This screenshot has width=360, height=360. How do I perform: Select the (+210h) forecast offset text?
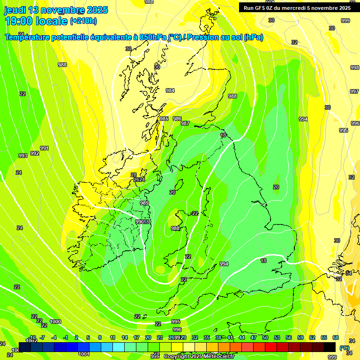tap(83, 21)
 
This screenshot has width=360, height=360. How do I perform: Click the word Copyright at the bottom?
tap(178, 357)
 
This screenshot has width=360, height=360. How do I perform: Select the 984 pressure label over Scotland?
tap(170, 90)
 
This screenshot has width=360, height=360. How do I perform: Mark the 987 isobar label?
tap(185, 123)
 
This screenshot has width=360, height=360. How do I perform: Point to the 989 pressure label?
tap(144, 203)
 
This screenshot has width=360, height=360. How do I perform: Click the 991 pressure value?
tap(45, 148)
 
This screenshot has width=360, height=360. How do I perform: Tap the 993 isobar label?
tap(22, 156)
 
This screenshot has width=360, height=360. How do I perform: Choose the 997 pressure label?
tap(355, 91)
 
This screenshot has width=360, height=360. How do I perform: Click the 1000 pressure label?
tap(55, 322)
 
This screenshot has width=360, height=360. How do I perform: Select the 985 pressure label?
tap(164, 119)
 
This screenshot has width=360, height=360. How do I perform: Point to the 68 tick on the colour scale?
tap(336, 337)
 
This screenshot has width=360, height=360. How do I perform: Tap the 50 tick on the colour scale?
tap(265, 337)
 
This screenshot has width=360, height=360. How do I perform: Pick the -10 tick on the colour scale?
tap(32, 337)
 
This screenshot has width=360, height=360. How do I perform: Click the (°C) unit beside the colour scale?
tap(344, 348)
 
